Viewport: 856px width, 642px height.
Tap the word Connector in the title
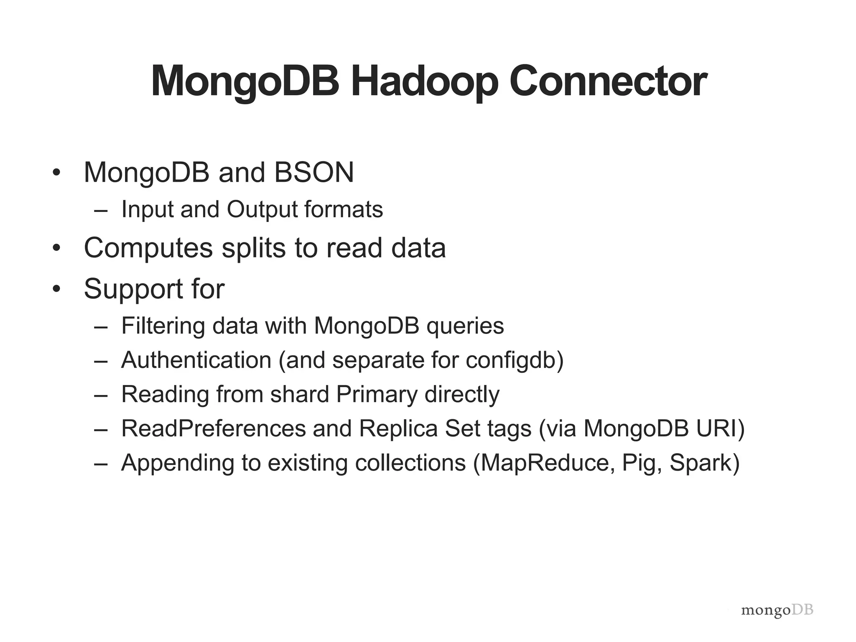608,82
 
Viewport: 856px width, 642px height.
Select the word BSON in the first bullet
314,172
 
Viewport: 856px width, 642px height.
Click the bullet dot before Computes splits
57,248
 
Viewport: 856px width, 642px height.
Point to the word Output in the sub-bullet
262,209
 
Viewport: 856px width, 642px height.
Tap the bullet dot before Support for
57,289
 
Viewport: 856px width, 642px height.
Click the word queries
465,326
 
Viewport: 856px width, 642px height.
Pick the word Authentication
196,360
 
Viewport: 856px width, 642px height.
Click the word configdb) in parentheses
515,360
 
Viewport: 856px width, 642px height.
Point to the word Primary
377,394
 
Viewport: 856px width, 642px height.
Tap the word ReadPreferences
214,428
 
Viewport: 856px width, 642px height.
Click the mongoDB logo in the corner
777,611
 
